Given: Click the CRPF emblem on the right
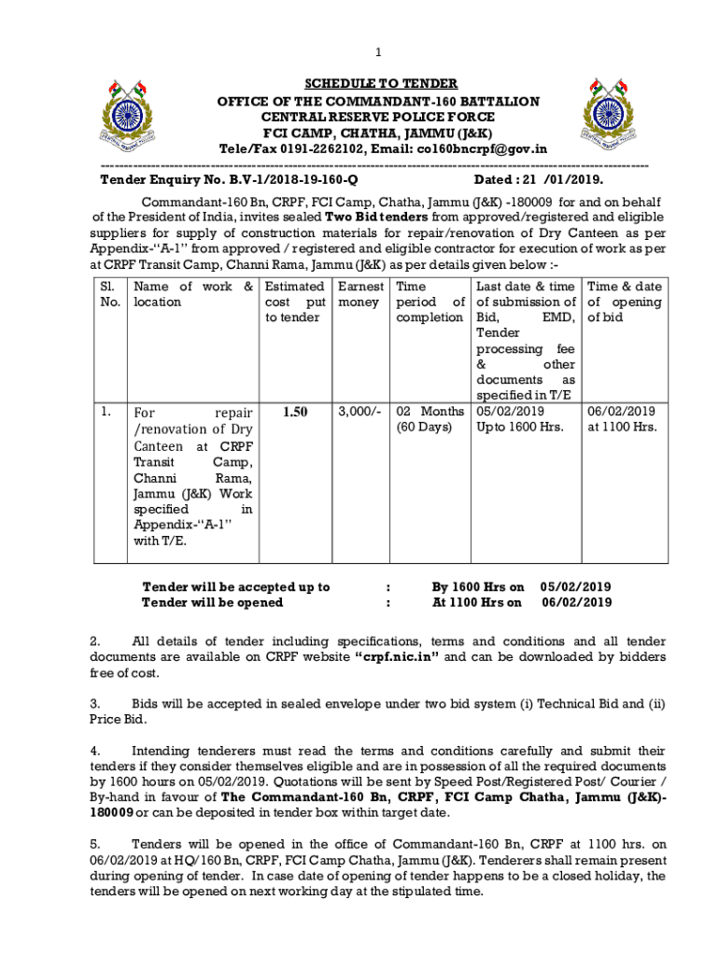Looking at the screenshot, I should [608, 116].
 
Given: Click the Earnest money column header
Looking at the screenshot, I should [359, 294].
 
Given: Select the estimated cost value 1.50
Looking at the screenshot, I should [295, 411].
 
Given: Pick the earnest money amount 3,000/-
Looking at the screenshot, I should [359, 411].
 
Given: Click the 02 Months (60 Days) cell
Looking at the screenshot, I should [430, 419].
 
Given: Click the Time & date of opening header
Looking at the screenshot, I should [624, 302].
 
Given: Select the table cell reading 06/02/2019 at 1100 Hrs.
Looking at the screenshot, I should [622, 419].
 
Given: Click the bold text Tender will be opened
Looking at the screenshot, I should [212, 602].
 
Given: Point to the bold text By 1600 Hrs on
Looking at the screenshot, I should [477, 587].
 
